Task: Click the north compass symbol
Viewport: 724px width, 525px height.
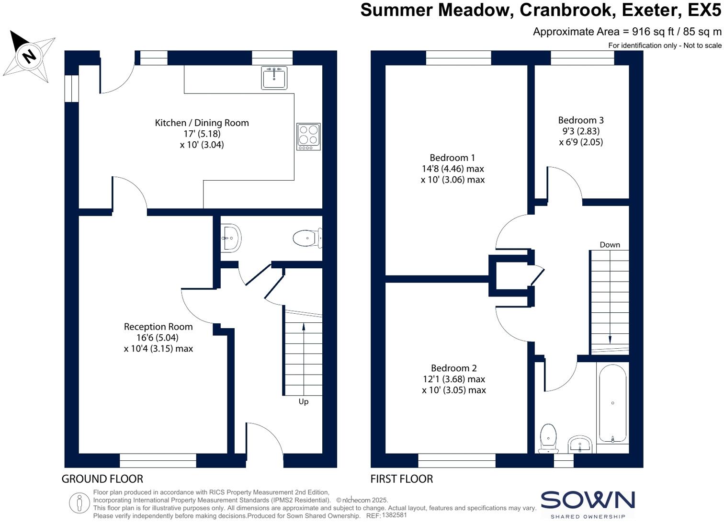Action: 29,56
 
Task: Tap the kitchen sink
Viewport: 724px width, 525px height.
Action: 274,78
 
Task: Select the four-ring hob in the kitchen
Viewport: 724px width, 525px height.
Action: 308,136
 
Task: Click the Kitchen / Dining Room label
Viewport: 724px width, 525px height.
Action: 202,123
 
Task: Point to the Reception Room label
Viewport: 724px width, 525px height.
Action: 158,327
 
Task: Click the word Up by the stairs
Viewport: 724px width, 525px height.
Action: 304,401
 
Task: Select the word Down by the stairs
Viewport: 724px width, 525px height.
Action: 610,245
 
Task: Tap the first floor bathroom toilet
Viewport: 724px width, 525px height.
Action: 548,437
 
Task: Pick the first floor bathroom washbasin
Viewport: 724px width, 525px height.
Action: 580,444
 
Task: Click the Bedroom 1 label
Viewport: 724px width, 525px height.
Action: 452,158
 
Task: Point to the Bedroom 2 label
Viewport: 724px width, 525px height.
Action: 453,368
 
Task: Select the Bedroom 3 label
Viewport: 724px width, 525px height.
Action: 580,120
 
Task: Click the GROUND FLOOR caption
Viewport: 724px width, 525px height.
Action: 102,479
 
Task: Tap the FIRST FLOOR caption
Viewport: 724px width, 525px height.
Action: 401,479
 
